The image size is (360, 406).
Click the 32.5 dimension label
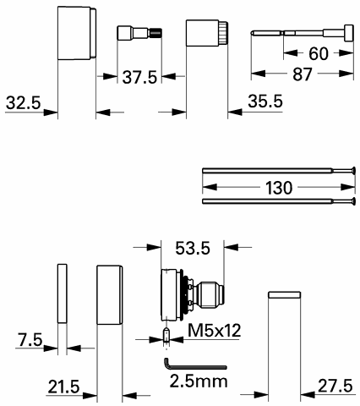[x=24, y=102]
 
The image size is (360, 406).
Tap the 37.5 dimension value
[x=139, y=77]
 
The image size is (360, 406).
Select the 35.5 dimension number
[x=265, y=101]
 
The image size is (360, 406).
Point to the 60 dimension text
[x=319, y=53]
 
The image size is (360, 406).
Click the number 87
[x=303, y=74]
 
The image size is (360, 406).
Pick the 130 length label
[x=279, y=188]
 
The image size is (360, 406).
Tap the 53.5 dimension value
[x=193, y=249]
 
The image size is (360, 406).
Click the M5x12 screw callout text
[x=215, y=330]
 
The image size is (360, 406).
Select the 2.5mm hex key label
[x=199, y=381]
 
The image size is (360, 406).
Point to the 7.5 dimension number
[x=30, y=339]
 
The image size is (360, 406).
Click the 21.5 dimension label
[x=63, y=387]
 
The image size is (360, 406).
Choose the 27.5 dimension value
[x=335, y=386]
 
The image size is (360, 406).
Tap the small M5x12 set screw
[x=166, y=335]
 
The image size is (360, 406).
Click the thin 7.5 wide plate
[x=63, y=294]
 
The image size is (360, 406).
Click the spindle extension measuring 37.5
[x=139, y=33]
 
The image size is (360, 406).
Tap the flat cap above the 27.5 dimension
[x=284, y=295]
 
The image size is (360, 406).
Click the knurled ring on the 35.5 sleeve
[x=223, y=33]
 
